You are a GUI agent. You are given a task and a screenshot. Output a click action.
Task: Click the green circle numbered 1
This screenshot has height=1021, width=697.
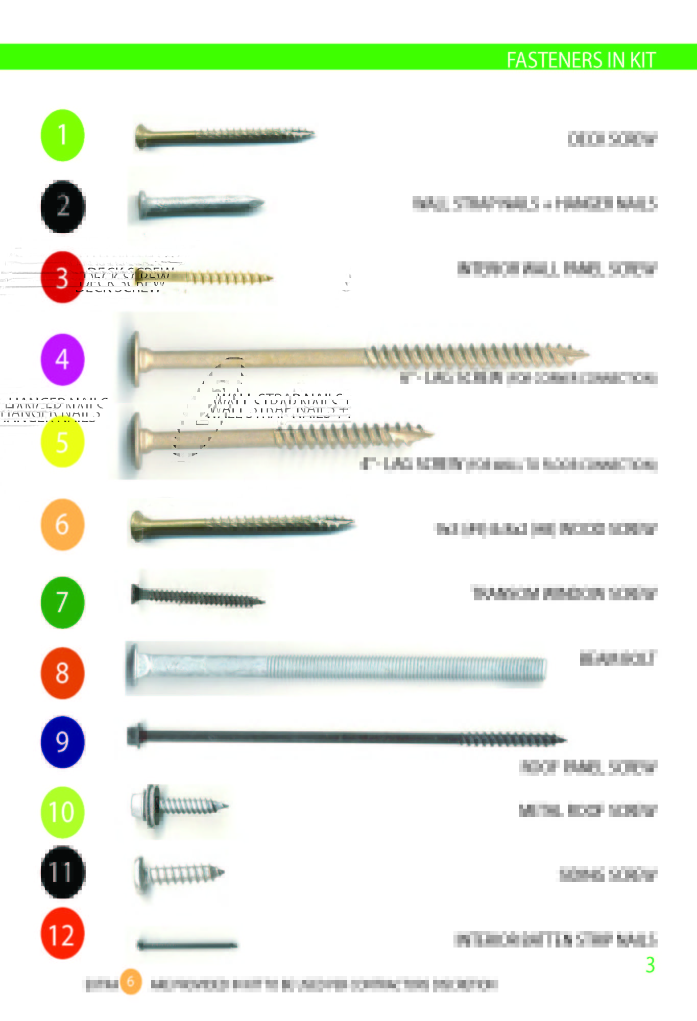coord(62,135)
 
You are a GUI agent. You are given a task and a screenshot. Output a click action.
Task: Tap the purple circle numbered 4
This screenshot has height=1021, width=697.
coord(62,359)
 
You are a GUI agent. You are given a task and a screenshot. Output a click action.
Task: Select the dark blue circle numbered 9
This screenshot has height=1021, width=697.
coord(62,741)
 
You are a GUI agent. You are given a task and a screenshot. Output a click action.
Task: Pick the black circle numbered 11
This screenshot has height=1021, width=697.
coord(62,872)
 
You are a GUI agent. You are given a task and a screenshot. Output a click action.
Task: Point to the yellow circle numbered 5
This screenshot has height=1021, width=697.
coord(62,442)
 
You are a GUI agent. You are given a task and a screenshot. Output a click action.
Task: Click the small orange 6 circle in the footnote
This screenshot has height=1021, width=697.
coord(131,981)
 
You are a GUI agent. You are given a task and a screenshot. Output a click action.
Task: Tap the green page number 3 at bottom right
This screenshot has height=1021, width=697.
coord(650,965)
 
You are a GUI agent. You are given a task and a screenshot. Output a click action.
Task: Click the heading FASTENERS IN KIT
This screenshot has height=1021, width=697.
coord(581,60)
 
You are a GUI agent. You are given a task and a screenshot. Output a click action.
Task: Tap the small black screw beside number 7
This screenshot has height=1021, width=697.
coord(197,597)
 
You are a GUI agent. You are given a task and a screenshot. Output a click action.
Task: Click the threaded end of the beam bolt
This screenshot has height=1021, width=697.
coord(531,667)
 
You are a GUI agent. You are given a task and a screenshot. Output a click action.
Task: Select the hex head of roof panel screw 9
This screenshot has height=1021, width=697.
coord(136,735)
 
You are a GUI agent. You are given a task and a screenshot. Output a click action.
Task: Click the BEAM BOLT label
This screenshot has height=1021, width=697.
coord(617,659)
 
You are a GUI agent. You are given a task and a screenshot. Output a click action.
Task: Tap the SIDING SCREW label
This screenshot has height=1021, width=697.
coord(608,875)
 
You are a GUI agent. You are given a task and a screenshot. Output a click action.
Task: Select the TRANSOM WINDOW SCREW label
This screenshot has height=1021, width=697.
coord(564,594)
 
